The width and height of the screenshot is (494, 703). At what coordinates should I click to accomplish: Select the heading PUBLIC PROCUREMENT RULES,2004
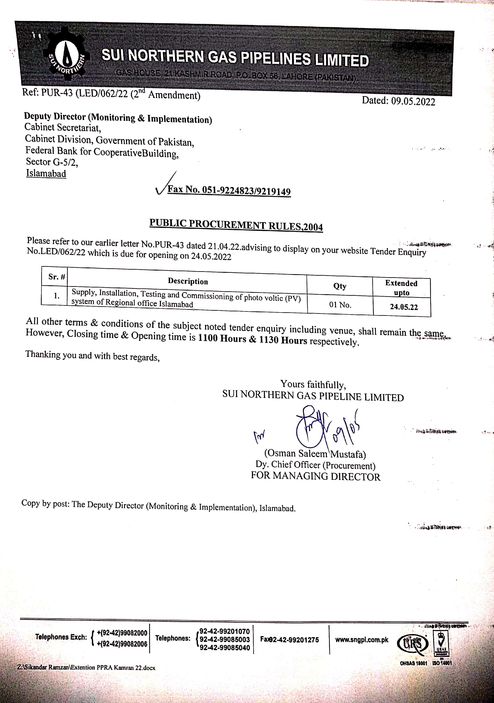tap(236, 225)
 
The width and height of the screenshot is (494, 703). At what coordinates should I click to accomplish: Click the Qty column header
tap(340, 286)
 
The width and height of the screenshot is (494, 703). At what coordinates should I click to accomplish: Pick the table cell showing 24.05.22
tap(404, 307)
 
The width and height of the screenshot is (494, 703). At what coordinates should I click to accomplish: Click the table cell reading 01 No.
tap(340, 305)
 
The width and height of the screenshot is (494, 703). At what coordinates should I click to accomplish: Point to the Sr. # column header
tap(57, 277)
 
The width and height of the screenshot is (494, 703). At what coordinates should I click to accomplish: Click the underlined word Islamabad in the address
tap(46, 173)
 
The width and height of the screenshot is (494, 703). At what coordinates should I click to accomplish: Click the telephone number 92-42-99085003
tap(225, 639)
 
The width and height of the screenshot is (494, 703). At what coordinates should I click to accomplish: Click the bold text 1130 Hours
tap(283, 340)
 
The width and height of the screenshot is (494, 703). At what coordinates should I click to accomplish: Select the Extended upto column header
tap(401, 287)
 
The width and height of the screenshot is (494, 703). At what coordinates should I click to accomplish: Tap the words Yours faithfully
tap(313, 384)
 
